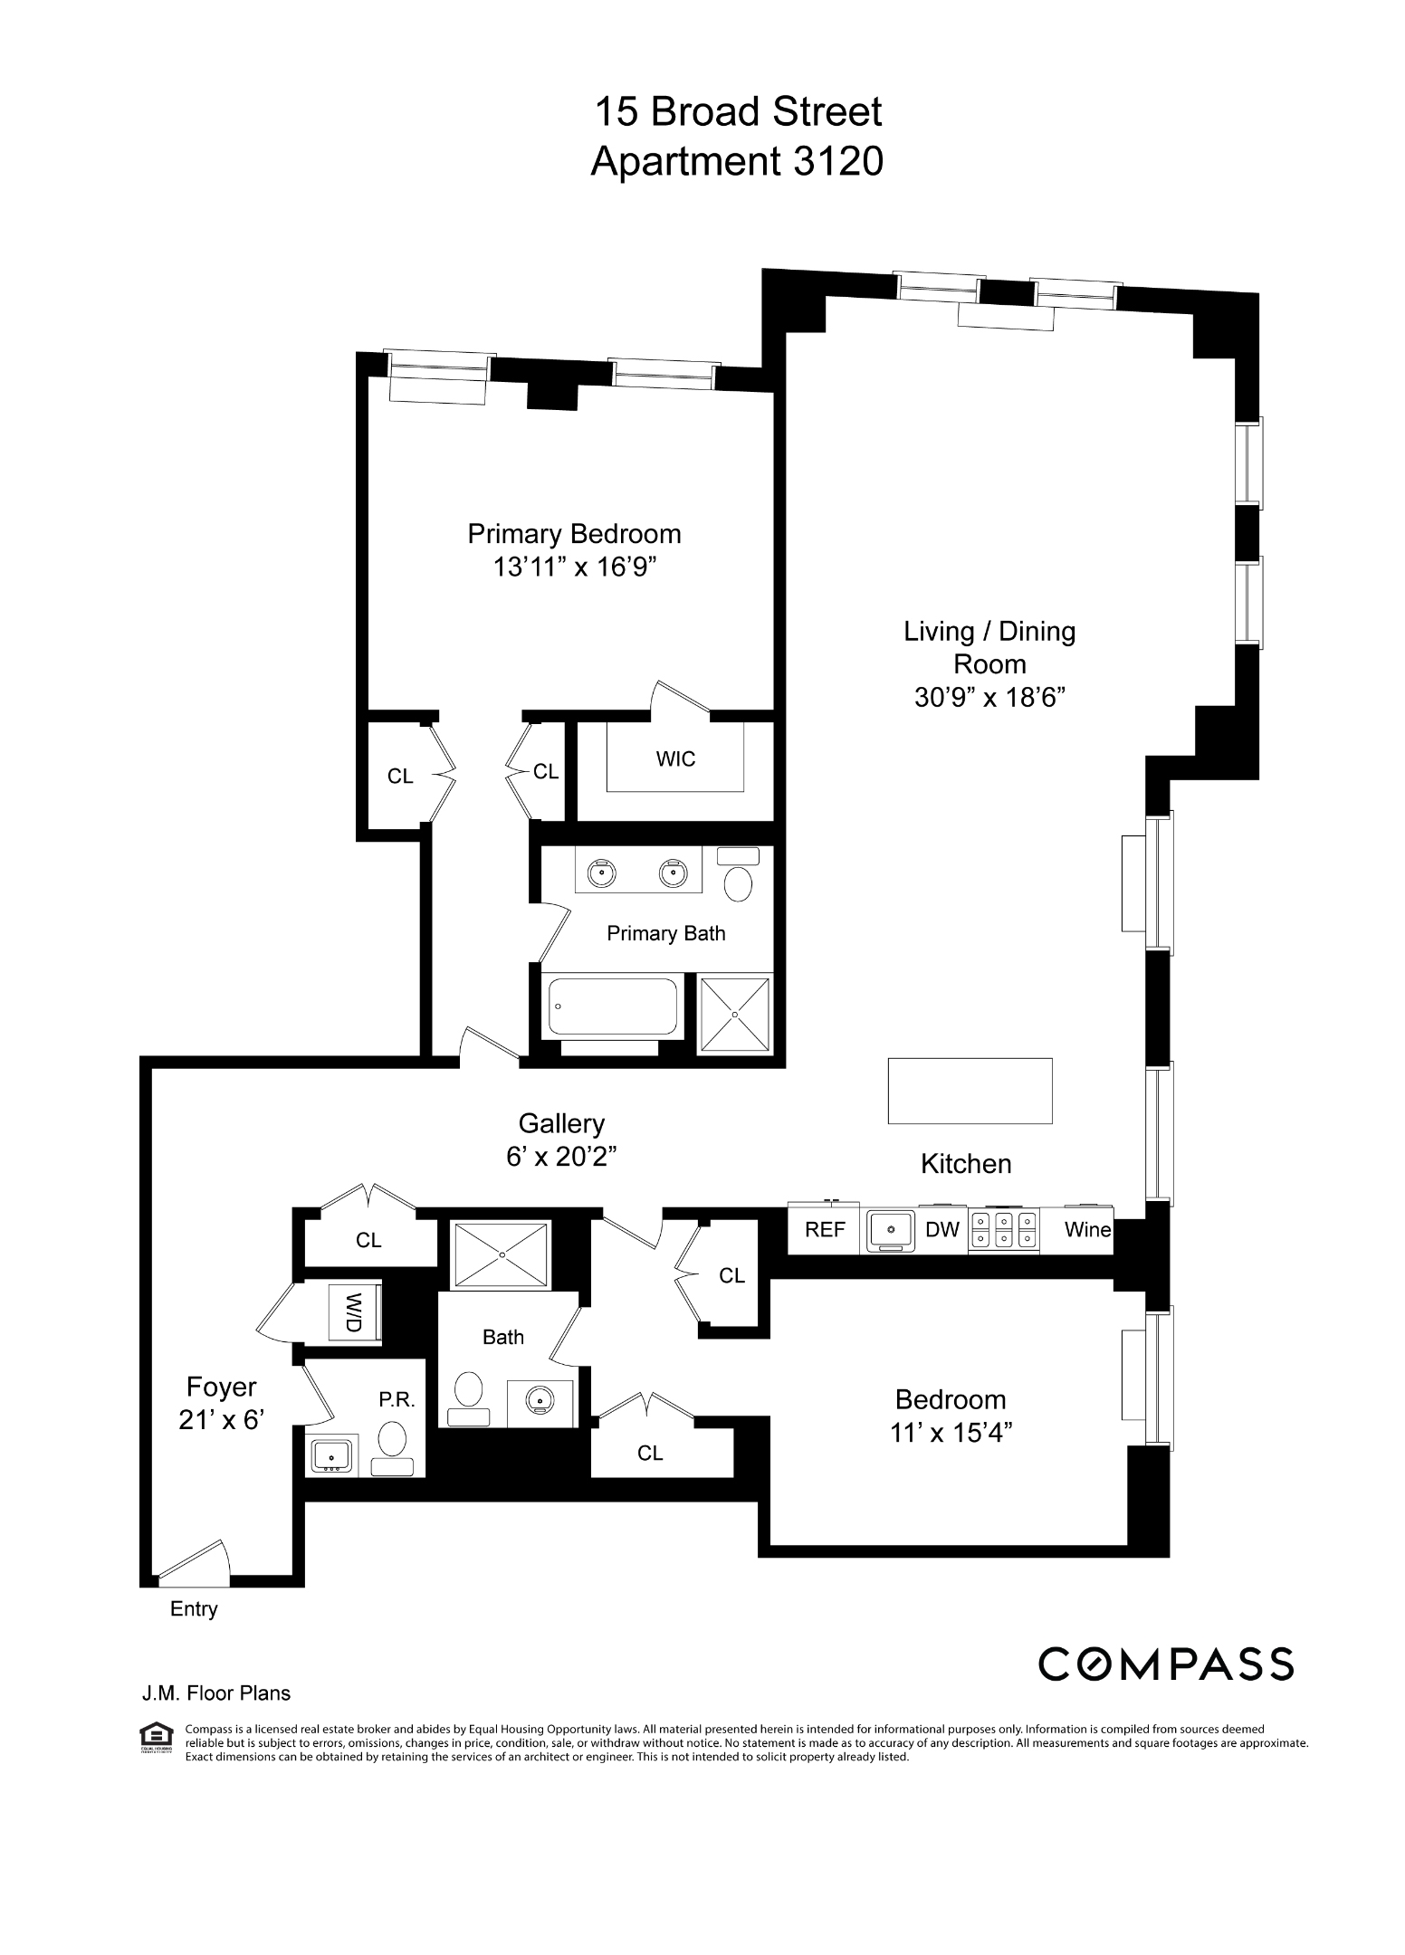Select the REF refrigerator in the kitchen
(824, 1229)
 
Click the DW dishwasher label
(941, 1229)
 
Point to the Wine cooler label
(1087, 1229)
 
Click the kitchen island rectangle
(970, 1091)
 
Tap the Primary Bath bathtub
(612, 1006)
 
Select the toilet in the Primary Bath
(739, 874)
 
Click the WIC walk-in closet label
(676, 758)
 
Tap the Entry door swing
(195, 1559)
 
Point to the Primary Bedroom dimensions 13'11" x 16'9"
(574, 567)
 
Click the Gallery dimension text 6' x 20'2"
(561, 1157)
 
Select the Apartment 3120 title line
(737, 162)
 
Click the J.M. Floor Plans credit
(215, 1693)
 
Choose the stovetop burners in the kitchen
(1004, 1229)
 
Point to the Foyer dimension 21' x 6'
(221, 1420)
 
